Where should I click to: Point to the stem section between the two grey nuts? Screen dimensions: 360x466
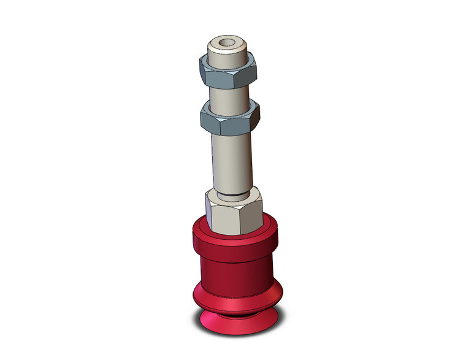point(230,95)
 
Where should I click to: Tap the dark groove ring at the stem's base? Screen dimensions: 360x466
point(234,195)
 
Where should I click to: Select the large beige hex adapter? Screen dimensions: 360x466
point(234,212)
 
